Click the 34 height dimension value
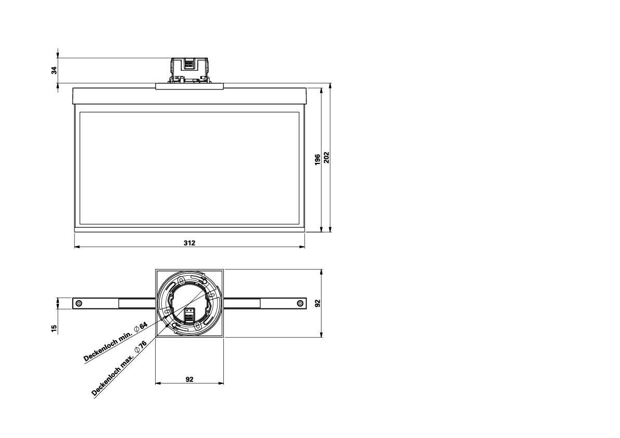54,70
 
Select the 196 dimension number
318,160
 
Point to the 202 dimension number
326,157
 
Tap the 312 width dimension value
189,243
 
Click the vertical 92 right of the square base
318,303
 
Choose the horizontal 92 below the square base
189,379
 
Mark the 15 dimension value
54,328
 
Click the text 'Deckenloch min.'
107,346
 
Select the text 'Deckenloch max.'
112,376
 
